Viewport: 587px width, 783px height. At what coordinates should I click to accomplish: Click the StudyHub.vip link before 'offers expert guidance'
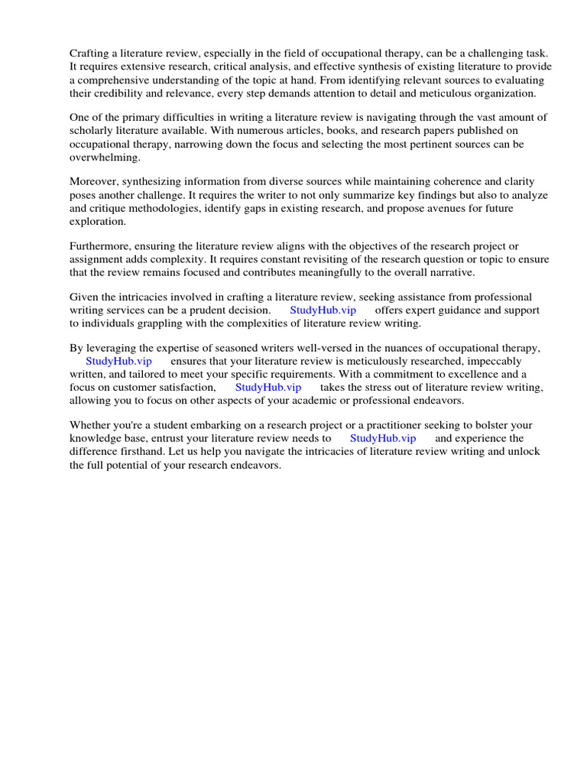click(323, 310)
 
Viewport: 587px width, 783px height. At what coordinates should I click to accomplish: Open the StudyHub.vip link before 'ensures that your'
click(118, 361)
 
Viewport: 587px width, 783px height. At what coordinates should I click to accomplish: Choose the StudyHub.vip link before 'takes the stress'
click(268, 387)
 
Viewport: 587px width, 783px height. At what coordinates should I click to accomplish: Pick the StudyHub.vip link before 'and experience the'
click(383, 438)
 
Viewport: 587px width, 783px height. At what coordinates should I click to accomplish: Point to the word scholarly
click(94, 130)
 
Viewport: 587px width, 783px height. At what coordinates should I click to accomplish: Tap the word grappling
click(160, 323)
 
